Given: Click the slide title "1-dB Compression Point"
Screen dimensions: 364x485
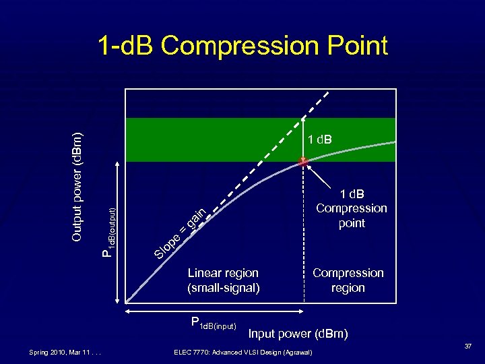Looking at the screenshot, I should pos(243,46).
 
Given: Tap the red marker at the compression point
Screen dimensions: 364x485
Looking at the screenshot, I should pos(304,161).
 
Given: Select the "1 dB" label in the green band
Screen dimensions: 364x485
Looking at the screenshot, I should pos(321,140).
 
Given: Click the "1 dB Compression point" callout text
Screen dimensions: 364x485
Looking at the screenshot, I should pos(352,208).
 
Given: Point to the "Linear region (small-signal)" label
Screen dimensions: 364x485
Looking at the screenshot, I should pos(223,280).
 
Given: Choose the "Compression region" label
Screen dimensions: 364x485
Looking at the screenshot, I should pos(348,280).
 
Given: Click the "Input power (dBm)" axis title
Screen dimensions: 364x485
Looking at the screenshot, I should pos(298,334).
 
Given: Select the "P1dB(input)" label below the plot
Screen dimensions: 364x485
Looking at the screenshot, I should pos(214,324).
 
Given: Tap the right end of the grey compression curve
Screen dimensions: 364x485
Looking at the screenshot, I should pos(393,142).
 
